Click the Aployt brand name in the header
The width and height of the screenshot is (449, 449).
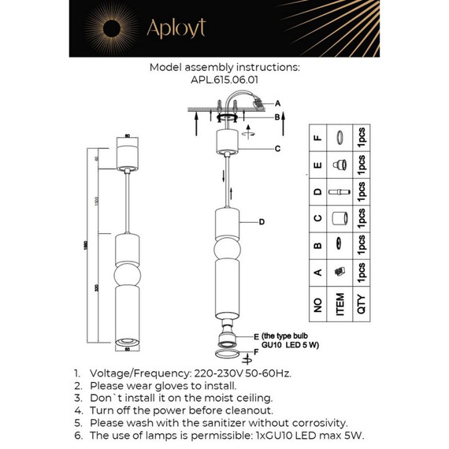coord(176,29)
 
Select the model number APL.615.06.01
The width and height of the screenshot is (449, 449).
coord(224,80)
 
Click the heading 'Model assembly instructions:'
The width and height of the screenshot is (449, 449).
coord(224,68)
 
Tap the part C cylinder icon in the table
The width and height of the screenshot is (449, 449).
coord(340,217)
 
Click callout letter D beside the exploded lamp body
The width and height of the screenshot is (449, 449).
coord(262,223)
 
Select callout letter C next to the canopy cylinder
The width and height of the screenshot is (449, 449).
coord(278,148)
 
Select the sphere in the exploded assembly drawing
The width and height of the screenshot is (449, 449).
coord(226,250)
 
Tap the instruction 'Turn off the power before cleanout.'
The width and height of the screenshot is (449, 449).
coord(181,410)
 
